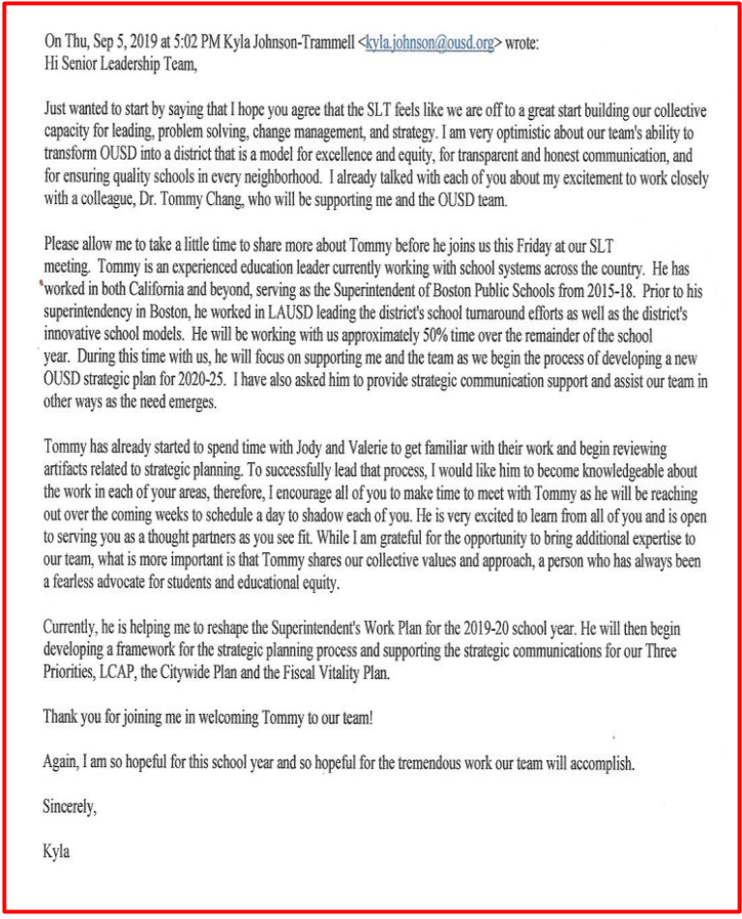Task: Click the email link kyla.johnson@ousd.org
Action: pos(430,44)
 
